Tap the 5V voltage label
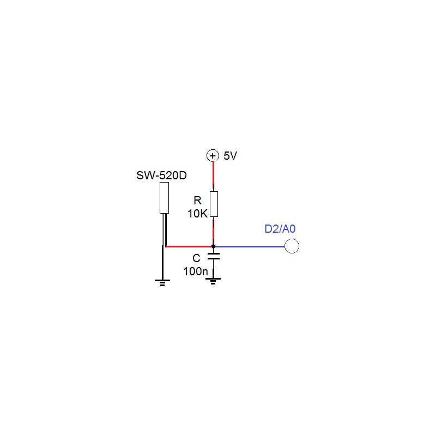[x=230, y=156]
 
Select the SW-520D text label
[x=161, y=175]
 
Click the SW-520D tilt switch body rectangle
[x=165, y=198]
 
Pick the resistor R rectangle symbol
[x=214, y=204]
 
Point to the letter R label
[x=197, y=201]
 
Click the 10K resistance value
[x=198, y=214]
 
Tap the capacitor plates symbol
[x=214, y=256]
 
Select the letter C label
[x=196, y=258]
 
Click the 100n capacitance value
[x=196, y=271]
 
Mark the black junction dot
[x=213, y=246]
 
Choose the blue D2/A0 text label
[x=280, y=229]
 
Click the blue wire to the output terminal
[x=250, y=246]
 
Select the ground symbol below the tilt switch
[x=162, y=283]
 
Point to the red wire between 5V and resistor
[x=213, y=175]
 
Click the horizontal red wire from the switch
[x=189, y=246]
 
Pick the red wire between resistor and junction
[x=213, y=231]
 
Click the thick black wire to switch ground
[x=162, y=263]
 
